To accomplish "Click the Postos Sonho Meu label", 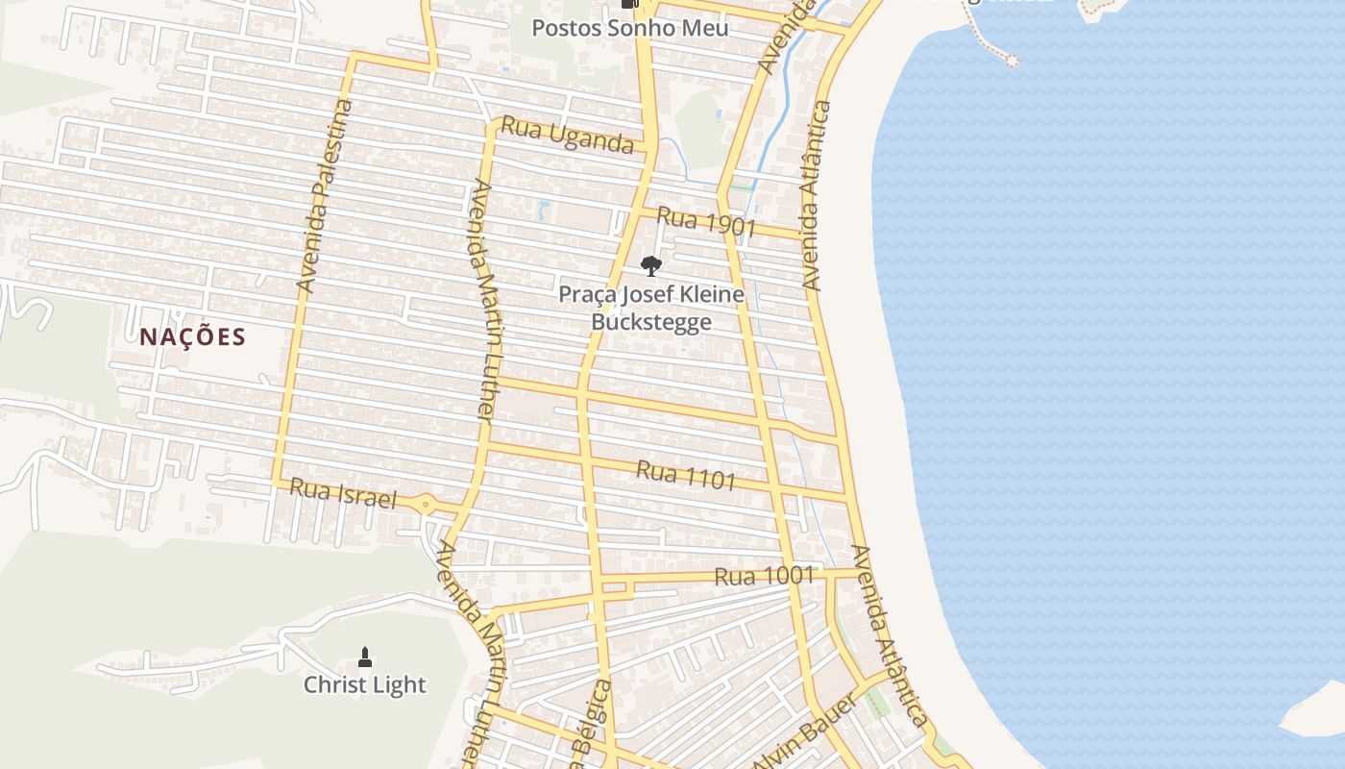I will [x=630, y=29].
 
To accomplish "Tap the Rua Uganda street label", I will [x=567, y=135].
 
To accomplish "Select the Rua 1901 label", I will [x=706, y=223].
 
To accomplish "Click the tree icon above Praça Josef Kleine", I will [x=651, y=265].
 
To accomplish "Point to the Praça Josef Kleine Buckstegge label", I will [x=651, y=308].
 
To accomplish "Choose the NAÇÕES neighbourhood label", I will [x=192, y=337].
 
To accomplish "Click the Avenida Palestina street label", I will [x=324, y=196].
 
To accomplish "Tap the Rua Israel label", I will [x=343, y=494].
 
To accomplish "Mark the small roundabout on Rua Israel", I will [x=425, y=503].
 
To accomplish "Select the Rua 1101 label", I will [x=686, y=475].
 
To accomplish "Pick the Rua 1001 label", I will [x=764, y=577].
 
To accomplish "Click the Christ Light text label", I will [x=364, y=685].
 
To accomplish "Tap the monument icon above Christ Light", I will [x=364, y=657].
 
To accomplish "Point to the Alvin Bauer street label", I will [x=805, y=732].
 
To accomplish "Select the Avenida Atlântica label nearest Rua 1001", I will [x=890, y=636].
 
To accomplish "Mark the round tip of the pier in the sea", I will [x=1011, y=60].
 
